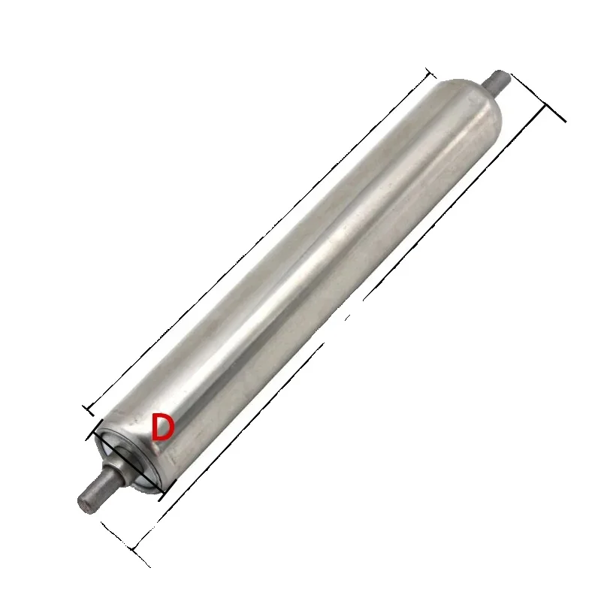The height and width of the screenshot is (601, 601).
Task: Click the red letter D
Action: (163, 427)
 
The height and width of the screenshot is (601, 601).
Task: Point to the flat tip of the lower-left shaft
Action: (83, 503)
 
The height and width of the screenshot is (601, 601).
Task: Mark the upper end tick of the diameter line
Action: (93, 432)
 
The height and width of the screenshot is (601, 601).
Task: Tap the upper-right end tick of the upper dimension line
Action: (430, 73)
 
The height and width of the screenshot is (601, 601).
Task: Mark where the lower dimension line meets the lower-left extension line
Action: (134, 551)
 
